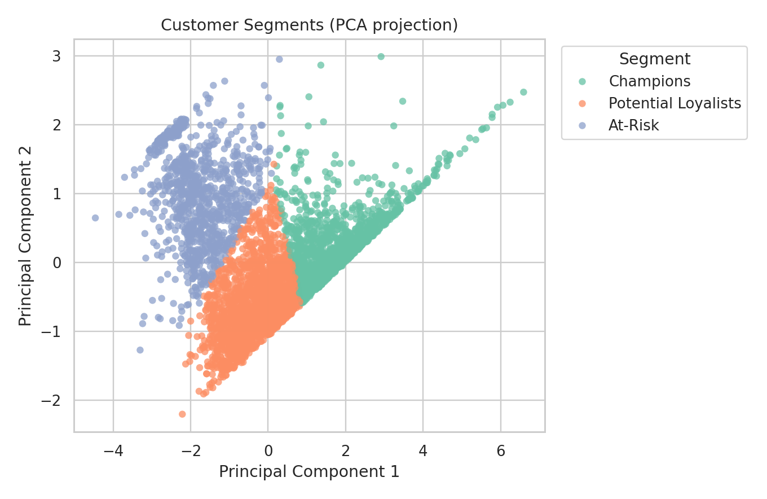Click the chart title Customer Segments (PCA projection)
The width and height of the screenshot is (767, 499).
pyautogui.click(x=309, y=25)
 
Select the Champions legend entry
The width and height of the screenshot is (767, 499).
pyautogui.click(x=649, y=81)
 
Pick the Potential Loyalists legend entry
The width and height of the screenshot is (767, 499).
pyautogui.click(x=675, y=103)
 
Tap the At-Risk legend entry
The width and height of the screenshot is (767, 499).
pyautogui.click(x=633, y=125)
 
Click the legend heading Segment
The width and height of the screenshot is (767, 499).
pyautogui.click(x=654, y=59)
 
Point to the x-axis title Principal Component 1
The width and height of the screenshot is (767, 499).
pyautogui.click(x=309, y=472)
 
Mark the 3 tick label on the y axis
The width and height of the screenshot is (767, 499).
pyautogui.click(x=57, y=56)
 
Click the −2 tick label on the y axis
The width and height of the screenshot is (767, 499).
pyautogui.click(x=53, y=400)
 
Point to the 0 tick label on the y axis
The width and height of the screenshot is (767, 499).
pyautogui.click(x=57, y=262)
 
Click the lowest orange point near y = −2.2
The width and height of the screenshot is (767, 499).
pyautogui.click(x=182, y=414)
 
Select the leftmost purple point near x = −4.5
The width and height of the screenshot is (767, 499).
pyautogui.click(x=95, y=218)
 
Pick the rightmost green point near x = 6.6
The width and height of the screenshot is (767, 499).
pyautogui.click(x=523, y=92)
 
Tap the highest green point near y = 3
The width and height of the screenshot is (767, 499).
pyautogui.click(x=381, y=56)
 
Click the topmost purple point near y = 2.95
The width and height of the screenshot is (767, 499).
pyautogui.click(x=279, y=59)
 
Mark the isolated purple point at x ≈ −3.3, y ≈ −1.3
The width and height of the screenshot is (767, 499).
pyautogui.click(x=140, y=350)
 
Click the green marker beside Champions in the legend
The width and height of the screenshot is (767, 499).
pyautogui.click(x=583, y=82)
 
